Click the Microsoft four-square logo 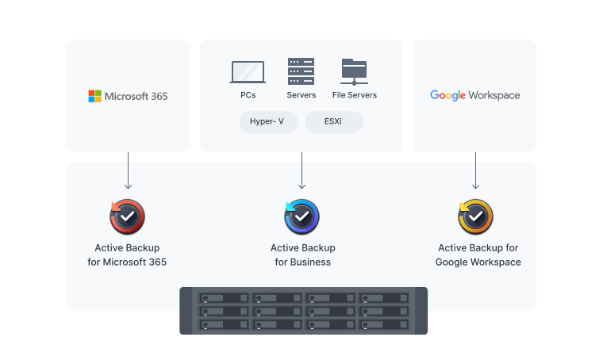[94, 96]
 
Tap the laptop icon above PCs [248, 72]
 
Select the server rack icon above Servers [301, 71]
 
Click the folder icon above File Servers [354, 71]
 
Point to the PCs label [248, 95]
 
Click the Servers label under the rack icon [301, 95]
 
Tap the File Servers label [354, 95]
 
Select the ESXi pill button [334, 121]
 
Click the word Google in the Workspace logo [447, 95]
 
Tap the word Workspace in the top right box [494, 95]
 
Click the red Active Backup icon [127, 216]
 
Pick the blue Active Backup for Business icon [301, 216]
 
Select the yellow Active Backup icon [475, 216]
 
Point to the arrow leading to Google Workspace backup [475, 170]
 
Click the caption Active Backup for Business [302, 255]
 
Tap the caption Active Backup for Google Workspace [478, 255]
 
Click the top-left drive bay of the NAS [225, 299]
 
